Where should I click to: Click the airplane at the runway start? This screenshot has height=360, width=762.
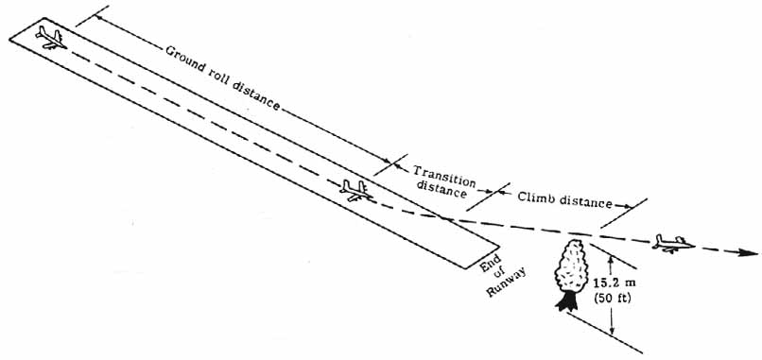[49, 37]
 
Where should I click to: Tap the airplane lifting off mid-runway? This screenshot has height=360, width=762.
[355, 190]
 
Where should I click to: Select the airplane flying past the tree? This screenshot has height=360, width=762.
[672, 244]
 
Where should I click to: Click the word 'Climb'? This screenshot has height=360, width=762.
[535, 197]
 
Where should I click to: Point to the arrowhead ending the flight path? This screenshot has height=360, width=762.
[751, 253]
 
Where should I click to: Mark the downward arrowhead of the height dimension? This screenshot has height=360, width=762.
[613, 330]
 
